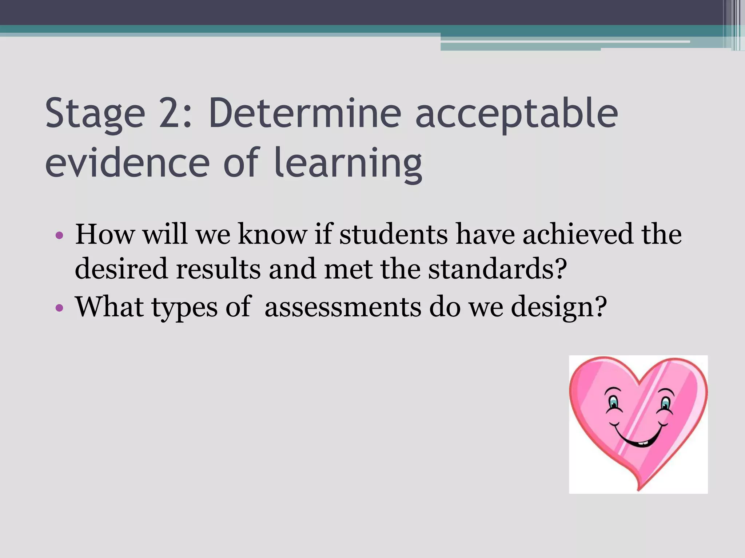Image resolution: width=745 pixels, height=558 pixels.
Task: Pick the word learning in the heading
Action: [x=348, y=163]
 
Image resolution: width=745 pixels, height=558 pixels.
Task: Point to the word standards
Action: [x=497, y=269]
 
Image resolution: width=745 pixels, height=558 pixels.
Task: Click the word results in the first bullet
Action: [x=218, y=269]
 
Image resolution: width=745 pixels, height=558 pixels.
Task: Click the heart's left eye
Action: [x=614, y=402]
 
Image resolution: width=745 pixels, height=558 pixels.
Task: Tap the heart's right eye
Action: [x=665, y=403]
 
